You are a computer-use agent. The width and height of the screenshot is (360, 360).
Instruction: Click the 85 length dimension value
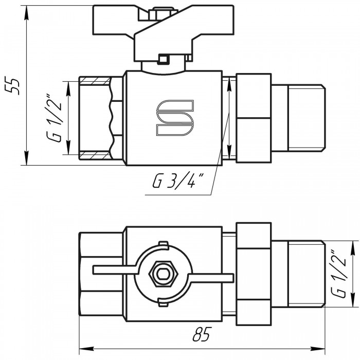tap(202, 334)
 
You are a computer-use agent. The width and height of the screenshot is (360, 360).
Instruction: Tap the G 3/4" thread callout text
tap(178, 181)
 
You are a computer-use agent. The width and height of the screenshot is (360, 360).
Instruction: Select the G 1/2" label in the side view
tap(54, 118)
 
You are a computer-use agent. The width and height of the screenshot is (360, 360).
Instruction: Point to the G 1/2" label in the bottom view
tap(339, 274)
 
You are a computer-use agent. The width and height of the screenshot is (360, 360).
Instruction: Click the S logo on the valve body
tap(175, 118)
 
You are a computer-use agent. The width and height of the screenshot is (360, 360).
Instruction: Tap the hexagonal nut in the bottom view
tap(163, 274)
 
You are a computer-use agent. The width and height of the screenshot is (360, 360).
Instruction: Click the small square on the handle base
tap(163, 59)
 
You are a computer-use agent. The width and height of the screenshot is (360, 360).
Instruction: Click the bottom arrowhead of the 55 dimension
tap(27, 158)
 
